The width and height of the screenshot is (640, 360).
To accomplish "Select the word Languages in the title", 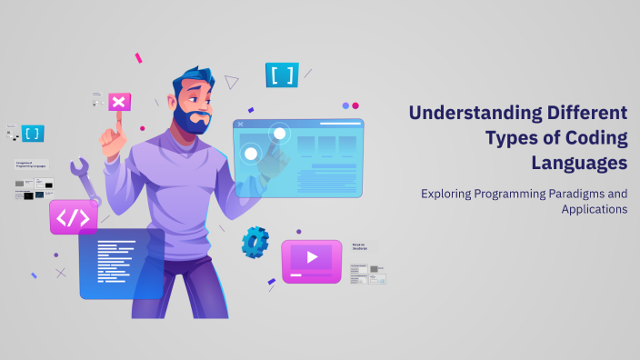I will [x=580, y=163].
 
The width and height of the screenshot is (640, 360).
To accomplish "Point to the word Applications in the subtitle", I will [x=595, y=208].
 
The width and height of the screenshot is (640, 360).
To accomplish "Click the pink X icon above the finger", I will [x=118, y=101].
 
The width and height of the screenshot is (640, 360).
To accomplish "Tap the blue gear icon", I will [x=255, y=243].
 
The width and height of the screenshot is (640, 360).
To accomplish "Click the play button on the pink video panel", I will [x=312, y=257].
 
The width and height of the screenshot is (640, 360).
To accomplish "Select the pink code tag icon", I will [x=73, y=218].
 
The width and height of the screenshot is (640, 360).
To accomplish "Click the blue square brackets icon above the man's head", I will [x=282, y=75].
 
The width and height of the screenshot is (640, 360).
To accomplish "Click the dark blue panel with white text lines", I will [x=121, y=263].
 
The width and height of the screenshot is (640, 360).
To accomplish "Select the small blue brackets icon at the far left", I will [x=33, y=133].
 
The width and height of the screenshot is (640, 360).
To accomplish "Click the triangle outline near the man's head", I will [x=232, y=82].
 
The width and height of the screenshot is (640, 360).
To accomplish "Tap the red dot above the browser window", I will [x=355, y=105].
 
